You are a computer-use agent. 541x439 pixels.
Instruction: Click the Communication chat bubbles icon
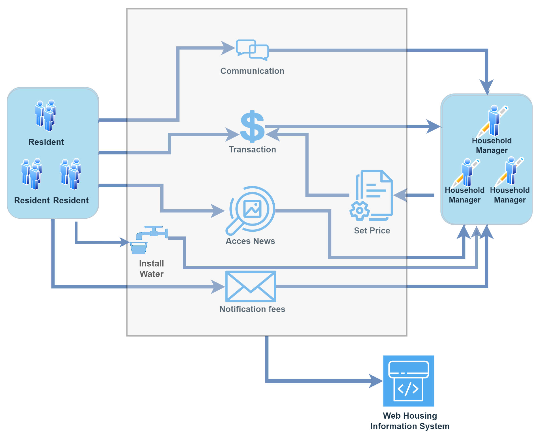click(x=252, y=50)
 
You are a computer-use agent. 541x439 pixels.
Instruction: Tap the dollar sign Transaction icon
click(x=252, y=126)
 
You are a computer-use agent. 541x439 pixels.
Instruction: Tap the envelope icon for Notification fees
click(x=251, y=286)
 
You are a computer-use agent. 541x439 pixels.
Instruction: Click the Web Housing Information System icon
click(x=408, y=380)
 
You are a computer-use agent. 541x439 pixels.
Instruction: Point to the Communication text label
click(x=252, y=71)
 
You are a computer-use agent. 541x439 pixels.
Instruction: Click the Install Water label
click(x=151, y=269)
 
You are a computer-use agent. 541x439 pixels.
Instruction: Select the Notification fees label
click(x=252, y=309)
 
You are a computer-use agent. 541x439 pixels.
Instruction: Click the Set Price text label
click(x=372, y=231)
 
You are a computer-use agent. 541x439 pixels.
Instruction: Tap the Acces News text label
click(x=250, y=241)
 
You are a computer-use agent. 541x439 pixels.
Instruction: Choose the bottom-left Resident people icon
click(x=32, y=174)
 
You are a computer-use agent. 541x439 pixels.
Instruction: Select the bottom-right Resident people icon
click(x=71, y=174)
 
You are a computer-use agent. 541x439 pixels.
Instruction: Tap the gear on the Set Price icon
click(x=359, y=211)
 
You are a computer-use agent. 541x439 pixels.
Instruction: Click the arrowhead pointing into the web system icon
click(x=376, y=381)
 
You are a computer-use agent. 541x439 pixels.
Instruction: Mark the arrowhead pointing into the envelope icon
click(x=218, y=287)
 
